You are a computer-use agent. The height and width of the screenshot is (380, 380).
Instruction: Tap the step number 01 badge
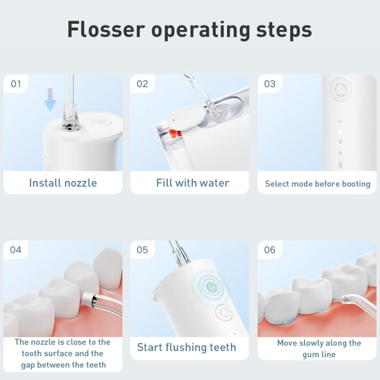point(16,84)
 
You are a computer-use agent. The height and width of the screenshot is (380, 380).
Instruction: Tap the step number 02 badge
point(142,84)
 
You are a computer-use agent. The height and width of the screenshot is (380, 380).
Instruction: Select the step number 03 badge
point(270,84)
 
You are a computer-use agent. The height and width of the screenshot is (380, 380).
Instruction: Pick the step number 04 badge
point(16,250)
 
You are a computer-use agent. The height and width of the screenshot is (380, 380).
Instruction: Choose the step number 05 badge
point(142,250)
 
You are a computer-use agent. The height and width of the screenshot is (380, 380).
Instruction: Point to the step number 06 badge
point(270,250)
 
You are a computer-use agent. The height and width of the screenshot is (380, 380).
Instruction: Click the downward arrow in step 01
point(50,99)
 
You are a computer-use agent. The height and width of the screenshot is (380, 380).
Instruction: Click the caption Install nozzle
point(63,183)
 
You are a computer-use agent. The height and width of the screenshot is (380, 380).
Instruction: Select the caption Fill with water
point(193,183)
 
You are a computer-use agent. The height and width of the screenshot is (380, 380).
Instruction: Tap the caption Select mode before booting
point(318,184)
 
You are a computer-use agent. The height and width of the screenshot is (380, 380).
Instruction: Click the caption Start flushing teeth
point(186,348)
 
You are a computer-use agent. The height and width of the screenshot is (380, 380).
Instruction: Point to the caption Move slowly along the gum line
point(319,349)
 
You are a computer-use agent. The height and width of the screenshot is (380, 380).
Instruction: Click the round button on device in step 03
point(341,90)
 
